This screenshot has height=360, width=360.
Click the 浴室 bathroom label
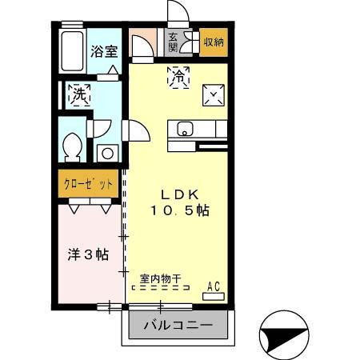point(104,51)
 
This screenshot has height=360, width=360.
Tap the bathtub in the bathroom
point(72,50)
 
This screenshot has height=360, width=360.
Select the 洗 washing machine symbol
point(79,95)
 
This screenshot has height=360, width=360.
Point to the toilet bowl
point(72,146)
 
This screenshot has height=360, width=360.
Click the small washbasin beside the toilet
point(106,152)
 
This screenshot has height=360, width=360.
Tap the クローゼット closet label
point(88,183)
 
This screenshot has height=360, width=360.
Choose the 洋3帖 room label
point(87,254)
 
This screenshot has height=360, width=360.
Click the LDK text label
point(179,194)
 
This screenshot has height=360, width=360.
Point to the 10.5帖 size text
point(180,211)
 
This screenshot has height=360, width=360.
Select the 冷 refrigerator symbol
point(178,77)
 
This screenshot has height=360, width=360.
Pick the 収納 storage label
point(214,42)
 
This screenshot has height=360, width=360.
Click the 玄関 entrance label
point(173,41)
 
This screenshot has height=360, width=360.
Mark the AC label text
point(214,286)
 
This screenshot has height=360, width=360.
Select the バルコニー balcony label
point(178,326)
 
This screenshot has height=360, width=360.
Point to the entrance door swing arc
point(178,12)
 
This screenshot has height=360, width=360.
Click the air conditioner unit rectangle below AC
point(214,296)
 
